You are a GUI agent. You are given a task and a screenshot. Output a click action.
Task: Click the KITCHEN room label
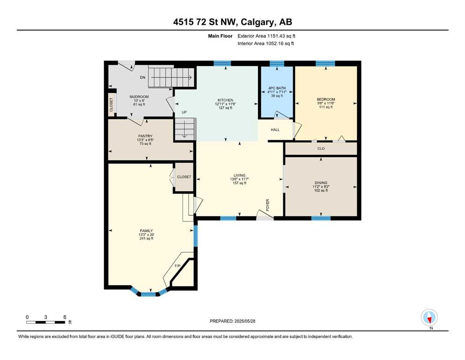tap(225, 100)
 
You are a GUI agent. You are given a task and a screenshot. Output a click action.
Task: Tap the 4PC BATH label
tap(277, 88)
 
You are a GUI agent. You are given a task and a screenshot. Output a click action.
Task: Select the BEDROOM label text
tap(326, 99)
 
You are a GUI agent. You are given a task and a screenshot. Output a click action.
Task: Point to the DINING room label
tap(321, 183)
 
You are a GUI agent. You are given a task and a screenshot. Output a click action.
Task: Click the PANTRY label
tap(145, 136)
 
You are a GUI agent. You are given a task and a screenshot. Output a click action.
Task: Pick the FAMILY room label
tap(146, 231)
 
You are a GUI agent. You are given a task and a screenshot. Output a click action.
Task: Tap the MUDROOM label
tap(139, 97)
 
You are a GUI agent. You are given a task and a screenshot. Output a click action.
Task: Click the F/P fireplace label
tap(177, 266)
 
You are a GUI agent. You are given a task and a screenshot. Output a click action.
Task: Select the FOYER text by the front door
tap(267, 205)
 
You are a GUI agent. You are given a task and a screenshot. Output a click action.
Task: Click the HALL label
tap(275, 130)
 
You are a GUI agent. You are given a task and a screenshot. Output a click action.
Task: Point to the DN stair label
tap(143, 77)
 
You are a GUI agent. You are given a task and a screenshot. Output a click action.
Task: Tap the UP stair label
tap(184, 112)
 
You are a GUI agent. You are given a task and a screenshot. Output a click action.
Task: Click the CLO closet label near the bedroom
tap(321, 149)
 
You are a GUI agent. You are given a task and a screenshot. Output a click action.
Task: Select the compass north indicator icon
tap(429, 317)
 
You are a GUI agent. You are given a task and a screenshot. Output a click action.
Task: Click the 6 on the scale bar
tap(65, 317)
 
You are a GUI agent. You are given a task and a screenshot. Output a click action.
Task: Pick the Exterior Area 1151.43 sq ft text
tap(266, 36)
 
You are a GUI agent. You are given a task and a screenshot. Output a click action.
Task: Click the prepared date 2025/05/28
tap(245, 321)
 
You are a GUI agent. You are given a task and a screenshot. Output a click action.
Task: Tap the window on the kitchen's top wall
tap(222, 63)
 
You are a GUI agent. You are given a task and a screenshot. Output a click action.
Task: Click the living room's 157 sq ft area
tap(240, 183)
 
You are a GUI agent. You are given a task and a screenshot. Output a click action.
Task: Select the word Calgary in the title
tap(256, 22)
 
